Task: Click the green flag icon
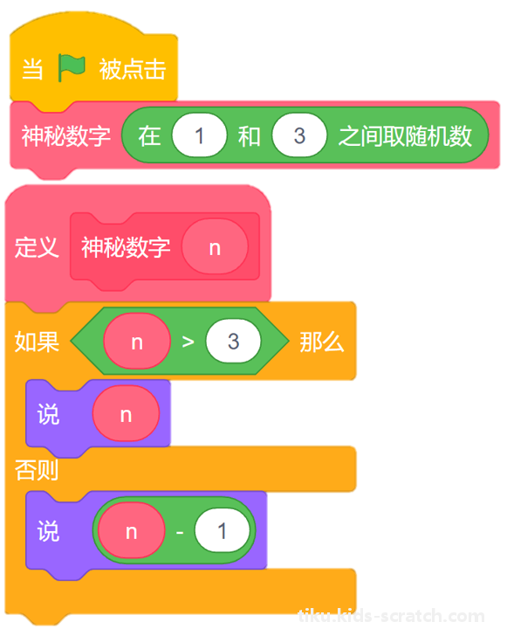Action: pos(72,67)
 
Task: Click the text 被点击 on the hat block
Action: pos(133,69)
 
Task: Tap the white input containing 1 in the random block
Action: pos(199,135)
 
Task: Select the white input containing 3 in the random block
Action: pos(299,135)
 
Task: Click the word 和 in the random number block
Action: pos(250,136)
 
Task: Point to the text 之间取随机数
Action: pos(405,136)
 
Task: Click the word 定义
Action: pos(37,247)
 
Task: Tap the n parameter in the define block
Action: pos(215,246)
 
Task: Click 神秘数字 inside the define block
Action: pos(126,247)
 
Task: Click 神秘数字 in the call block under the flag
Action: pos(66,136)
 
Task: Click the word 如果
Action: pos(37,342)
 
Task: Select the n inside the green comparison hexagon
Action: pos(137,341)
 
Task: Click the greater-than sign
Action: pos(188,342)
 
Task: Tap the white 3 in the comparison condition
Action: pos(233,341)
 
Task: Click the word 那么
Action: pos(322,342)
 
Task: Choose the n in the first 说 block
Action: pos(126,413)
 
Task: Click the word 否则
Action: pos(37,470)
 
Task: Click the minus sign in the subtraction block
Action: pos(180,532)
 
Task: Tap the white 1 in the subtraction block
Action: pos(222,531)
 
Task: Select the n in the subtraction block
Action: pos(132,531)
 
